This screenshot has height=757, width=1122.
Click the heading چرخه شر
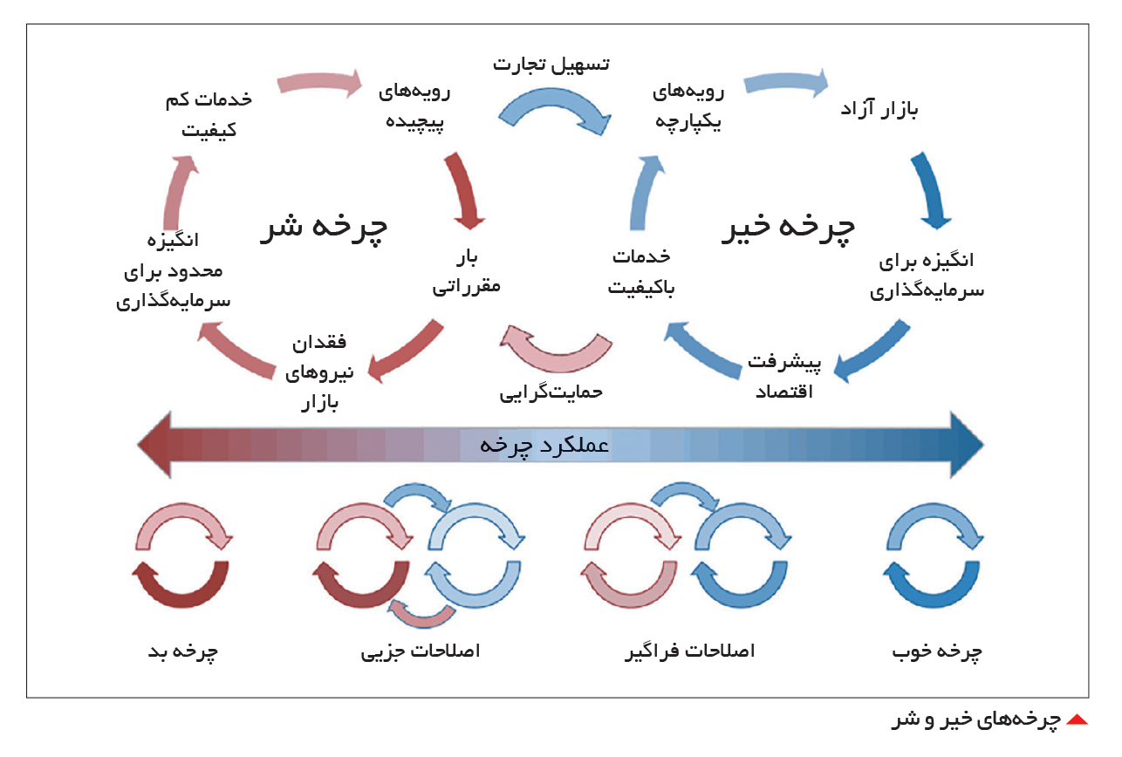coord(324,228)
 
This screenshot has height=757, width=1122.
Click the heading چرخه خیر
coord(789,228)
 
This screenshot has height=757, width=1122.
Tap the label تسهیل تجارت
coord(551,64)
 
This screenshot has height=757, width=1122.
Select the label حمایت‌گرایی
coord(551,392)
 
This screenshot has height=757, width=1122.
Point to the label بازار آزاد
coord(879,109)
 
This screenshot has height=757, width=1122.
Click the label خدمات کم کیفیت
coord(209,114)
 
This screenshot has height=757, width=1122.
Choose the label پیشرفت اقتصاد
coord(784,377)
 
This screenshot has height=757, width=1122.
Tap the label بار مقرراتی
coord(466,273)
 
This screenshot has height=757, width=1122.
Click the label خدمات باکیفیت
coord(641,272)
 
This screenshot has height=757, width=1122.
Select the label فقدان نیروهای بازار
coord(319,373)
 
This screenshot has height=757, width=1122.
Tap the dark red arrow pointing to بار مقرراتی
coord(465,190)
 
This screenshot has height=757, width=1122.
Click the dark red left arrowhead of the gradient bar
coord(154,445)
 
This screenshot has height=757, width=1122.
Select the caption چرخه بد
coord(183,651)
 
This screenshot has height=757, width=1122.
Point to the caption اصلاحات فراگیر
coord(690,651)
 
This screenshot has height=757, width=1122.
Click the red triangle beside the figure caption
coord(1077,720)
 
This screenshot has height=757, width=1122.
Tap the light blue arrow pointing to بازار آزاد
coord(785,82)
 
